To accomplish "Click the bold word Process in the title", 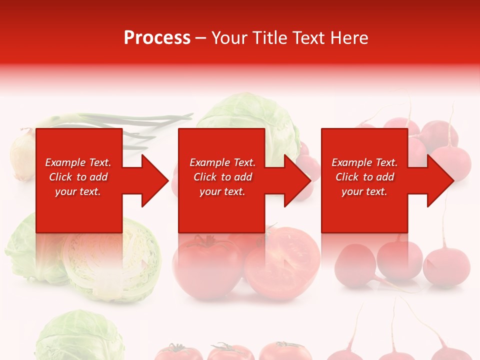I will tap(157, 38).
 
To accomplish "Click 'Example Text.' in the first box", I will tap(78, 162).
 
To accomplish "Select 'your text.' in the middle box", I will tap(222, 191).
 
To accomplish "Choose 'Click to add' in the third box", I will tap(364, 177).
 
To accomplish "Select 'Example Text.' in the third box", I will tap(364, 162).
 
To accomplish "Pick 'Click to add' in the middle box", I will tap(222, 177).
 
